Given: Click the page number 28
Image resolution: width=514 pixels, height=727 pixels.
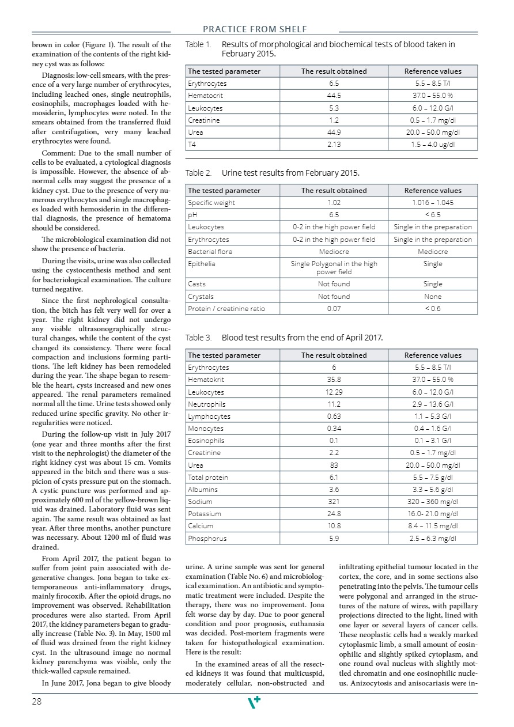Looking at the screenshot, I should pyautogui.click(x=37, y=701).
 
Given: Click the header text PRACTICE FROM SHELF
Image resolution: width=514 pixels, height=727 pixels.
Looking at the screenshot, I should pyautogui.click(x=255, y=29).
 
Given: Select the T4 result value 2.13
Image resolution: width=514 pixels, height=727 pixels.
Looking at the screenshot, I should pyautogui.click(x=334, y=145).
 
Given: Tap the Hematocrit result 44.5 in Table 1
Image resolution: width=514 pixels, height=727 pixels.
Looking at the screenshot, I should pyautogui.click(x=334, y=96).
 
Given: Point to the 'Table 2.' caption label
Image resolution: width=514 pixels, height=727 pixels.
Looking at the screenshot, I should pyautogui.click(x=198, y=173).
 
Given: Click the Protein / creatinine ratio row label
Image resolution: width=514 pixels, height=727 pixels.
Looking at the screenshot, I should pyautogui.click(x=226, y=309).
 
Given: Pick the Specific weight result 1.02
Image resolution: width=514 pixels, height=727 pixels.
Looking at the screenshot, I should pyautogui.click(x=334, y=203).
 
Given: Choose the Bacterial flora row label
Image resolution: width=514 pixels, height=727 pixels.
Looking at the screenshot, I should pyautogui.click(x=209, y=252).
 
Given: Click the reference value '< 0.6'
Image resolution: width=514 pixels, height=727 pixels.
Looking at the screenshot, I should pyautogui.click(x=433, y=309).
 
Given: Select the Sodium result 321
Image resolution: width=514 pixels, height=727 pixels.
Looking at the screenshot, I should pyautogui.click(x=334, y=502).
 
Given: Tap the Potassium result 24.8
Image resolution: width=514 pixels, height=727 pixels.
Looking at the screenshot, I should pyautogui.click(x=334, y=514).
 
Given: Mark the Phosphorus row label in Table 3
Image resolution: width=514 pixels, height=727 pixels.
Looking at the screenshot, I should pyautogui.click(x=207, y=539).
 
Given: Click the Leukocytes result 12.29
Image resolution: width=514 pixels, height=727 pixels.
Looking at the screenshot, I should pyautogui.click(x=334, y=392).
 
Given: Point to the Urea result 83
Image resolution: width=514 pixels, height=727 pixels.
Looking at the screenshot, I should pyautogui.click(x=334, y=465).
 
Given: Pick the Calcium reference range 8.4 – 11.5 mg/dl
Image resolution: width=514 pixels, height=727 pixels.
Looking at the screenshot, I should pyautogui.click(x=433, y=526).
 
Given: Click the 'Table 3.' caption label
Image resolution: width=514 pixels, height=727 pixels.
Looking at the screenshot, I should pyautogui.click(x=198, y=338).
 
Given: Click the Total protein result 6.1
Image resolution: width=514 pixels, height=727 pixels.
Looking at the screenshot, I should pyautogui.click(x=334, y=478).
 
